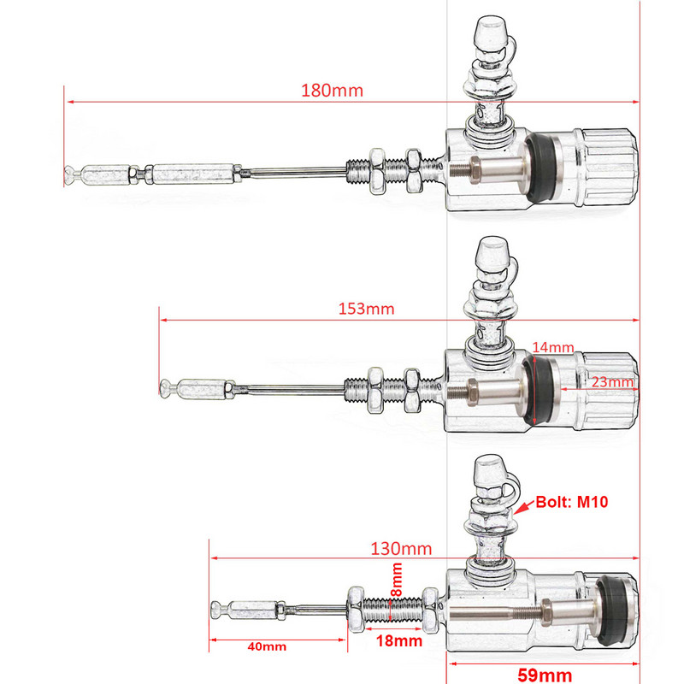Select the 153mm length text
click(x=366, y=309)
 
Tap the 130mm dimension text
click(x=401, y=548)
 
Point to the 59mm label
click(x=545, y=675)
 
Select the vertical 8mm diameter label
click(x=397, y=581)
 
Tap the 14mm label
click(x=552, y=347)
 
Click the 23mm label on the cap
click(x=613, y=382)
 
